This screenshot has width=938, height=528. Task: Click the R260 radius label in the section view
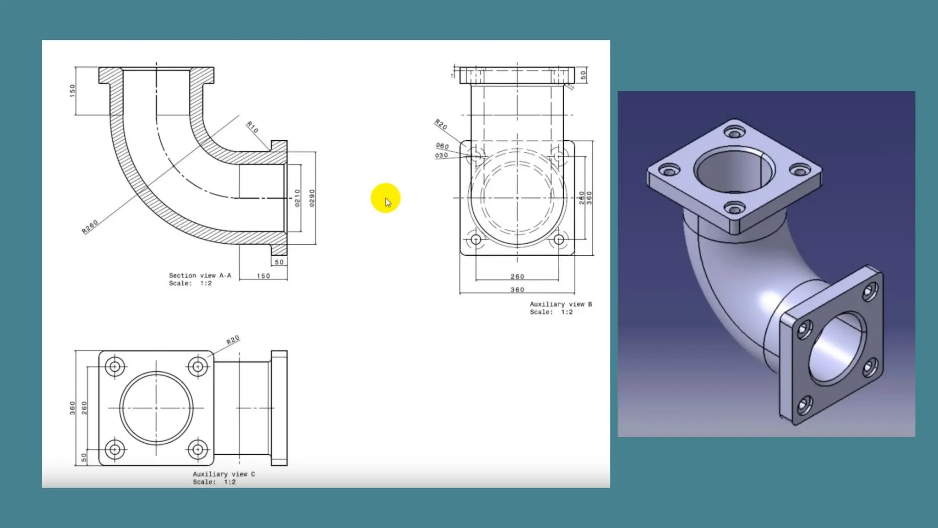tap(90, 227)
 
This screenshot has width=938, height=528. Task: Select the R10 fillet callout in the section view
tap(252, 127)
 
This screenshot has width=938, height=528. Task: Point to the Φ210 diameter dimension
tap(297, 198)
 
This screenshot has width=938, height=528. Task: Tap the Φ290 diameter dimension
tap(312, 198)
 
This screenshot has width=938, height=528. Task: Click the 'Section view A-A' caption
tap(200, 275)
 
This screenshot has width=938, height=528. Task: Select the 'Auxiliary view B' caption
tap(561, 304)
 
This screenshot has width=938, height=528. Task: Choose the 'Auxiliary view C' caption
tap(224, 474)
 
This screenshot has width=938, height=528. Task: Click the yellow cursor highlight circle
tap(385, 198)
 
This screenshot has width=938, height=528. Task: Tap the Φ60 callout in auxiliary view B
tap(442, 146)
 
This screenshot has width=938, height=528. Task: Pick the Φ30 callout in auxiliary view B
tap(441, 155)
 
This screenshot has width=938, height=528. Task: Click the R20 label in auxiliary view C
tap(233, 340)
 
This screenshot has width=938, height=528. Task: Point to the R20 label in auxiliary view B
tap(441, 124)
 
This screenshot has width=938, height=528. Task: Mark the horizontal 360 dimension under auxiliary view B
tap(517, 290)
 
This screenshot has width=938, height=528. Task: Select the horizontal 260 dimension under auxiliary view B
tap(517, 276)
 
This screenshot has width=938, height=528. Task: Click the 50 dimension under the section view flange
tap(279, 262)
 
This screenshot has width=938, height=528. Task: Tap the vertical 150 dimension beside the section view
tap(72, 90)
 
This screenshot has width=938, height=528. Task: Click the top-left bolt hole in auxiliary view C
tap(115, 367)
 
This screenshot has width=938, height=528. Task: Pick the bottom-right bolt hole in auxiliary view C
tap(197, 450)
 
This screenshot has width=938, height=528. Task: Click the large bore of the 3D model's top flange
tap(734, 170)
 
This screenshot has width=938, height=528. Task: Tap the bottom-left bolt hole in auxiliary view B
tap(476, 239)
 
